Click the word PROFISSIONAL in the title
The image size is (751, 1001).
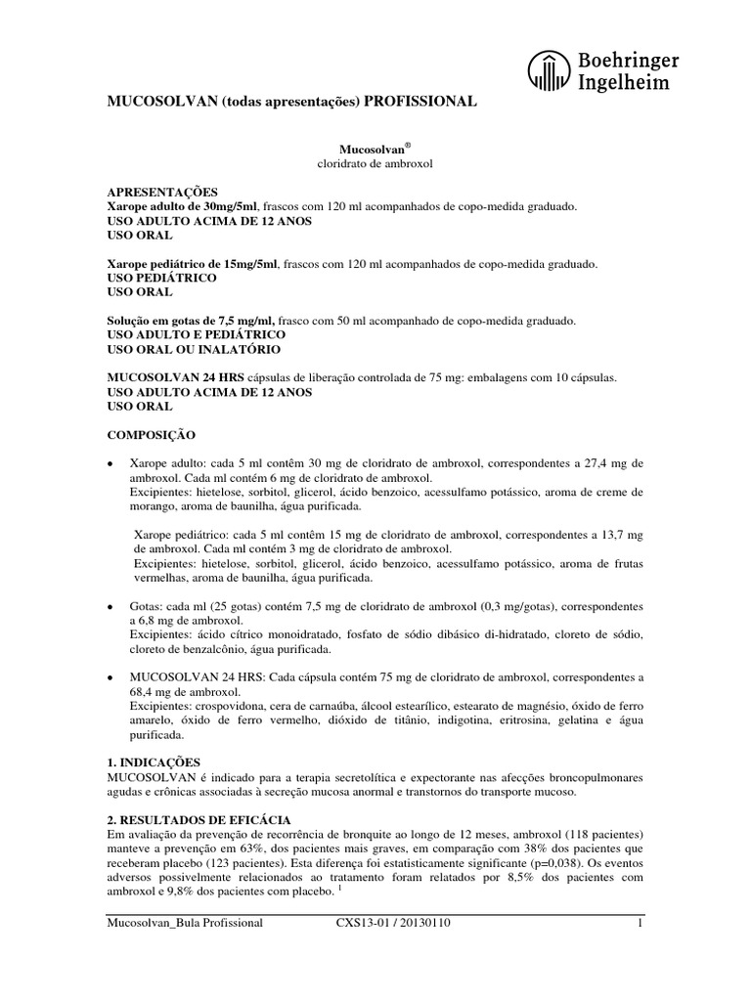point(420,102)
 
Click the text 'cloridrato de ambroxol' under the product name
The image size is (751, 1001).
point(375,163)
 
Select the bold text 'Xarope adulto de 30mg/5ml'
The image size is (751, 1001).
point(182,207)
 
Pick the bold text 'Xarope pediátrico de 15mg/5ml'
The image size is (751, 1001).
point(192,264)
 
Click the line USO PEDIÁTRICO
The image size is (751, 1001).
point(161,278)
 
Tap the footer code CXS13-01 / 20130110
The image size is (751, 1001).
point(386,923)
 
